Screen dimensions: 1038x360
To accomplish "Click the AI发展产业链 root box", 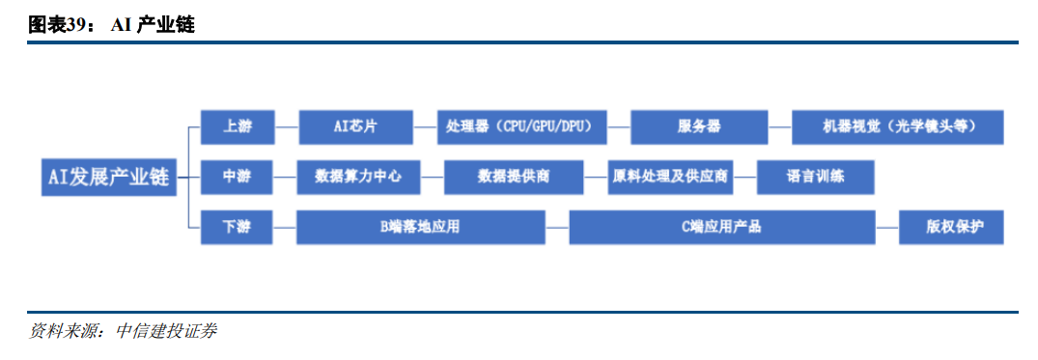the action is (109, 178).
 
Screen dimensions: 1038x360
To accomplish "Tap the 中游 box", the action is (237, 178).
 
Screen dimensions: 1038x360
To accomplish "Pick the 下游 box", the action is (237, 227).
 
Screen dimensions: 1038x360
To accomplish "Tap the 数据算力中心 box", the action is (359, 178).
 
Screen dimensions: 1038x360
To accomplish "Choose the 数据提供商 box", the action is (514, 178).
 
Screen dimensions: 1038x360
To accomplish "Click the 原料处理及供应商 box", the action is (670, 178).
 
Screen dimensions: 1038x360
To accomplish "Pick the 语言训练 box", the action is (816, 178).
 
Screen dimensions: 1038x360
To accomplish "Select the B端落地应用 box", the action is (421, 227).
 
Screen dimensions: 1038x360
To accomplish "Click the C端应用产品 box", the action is (722, 227).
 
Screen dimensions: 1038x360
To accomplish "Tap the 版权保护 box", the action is (951, 227).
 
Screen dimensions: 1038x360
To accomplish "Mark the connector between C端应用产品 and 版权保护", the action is (887, 227).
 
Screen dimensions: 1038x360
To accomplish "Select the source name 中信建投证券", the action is (166, 331).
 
